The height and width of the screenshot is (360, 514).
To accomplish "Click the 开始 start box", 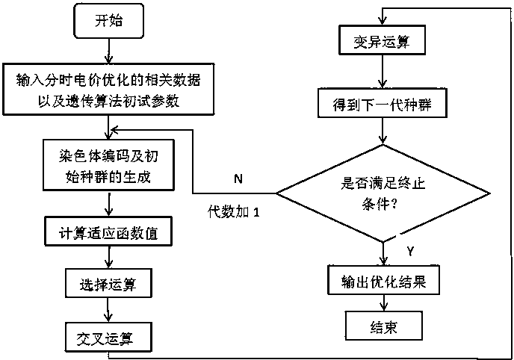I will coord(110,23).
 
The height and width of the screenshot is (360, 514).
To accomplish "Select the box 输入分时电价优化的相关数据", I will coord(110,87).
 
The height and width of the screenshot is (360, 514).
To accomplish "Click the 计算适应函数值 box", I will coord(110,233).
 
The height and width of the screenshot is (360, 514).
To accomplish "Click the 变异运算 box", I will coord(383,43).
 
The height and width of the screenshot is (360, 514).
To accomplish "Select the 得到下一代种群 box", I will coord(383,106).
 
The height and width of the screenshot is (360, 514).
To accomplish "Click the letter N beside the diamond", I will coord(238,179).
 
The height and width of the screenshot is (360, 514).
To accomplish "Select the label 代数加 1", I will coord(234,213).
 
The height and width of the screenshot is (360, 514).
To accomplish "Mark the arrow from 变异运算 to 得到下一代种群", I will coord(383,74).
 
